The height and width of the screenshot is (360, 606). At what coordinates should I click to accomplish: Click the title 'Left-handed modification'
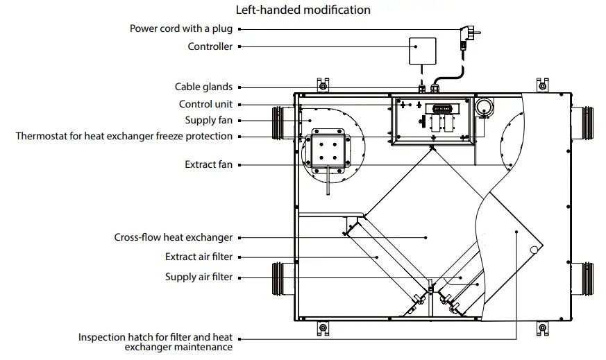coord(303,10)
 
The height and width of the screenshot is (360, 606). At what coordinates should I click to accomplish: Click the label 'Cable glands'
coord(203,87)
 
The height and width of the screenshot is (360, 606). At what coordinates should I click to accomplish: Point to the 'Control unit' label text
coord(205,104)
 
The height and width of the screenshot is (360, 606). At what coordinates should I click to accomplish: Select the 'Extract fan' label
coord(208,165)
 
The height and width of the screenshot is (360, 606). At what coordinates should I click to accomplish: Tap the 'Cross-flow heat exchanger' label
coord(173,237)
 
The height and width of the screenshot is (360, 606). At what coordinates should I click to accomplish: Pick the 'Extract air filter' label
coord(199,257)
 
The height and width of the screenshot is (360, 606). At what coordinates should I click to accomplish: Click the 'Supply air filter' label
coord(199,277)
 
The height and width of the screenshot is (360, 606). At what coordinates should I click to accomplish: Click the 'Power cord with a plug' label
coord(181,29)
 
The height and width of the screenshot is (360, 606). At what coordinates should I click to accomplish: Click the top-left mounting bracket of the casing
coord(322,85)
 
